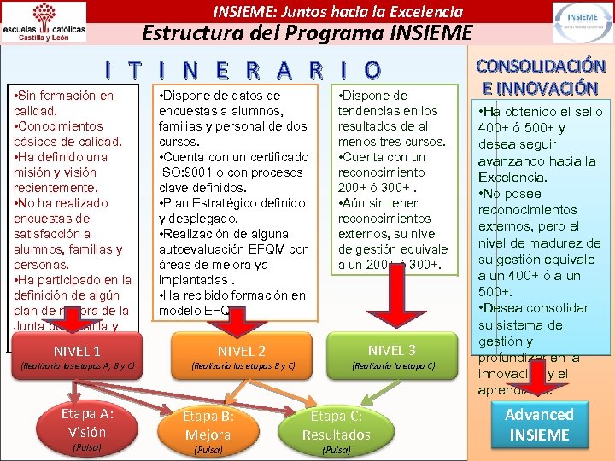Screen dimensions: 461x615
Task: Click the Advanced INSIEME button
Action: coord(539,424)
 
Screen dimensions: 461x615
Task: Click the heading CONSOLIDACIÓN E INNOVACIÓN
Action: coord(541,77)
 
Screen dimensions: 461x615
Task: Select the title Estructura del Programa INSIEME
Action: coord(307,33)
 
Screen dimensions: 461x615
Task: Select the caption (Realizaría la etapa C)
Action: coord(392,367)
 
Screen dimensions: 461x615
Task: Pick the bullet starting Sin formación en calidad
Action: coord(64,103)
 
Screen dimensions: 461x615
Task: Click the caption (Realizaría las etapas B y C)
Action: coord(242,367)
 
